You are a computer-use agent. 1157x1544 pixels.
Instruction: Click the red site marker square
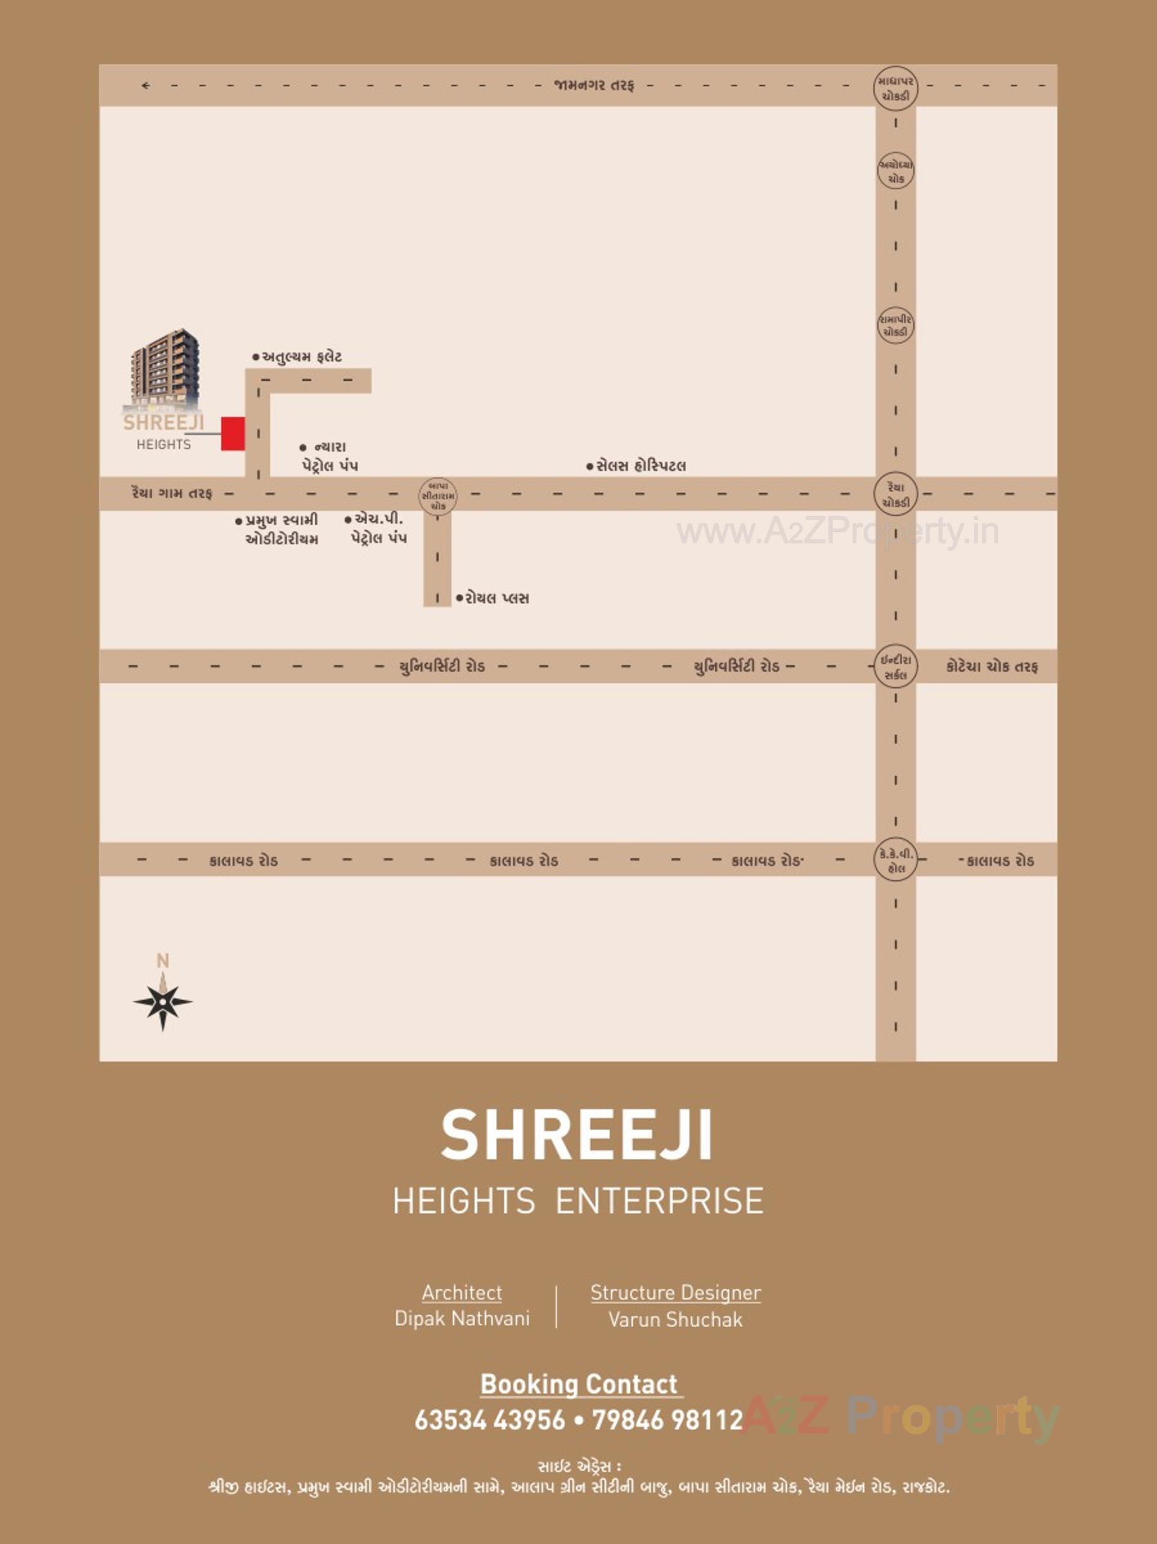pos(233,434)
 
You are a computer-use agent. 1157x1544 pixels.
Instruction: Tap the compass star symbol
pos(163,1002)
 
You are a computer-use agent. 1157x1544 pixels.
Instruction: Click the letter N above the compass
pos(163,961)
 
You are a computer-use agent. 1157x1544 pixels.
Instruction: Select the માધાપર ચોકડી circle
pos(895,89)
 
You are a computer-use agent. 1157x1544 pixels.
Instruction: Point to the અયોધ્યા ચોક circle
pos(895,172)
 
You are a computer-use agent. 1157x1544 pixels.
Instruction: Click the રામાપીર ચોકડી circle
pos(895,326)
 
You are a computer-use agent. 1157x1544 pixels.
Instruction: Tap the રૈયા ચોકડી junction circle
pos(895,494)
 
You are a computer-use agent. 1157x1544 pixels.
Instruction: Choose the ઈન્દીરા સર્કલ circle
pos(895,666)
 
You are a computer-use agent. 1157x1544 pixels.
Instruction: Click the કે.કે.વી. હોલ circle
pos(895,860)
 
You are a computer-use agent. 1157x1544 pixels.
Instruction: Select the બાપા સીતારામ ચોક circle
pos(438,494)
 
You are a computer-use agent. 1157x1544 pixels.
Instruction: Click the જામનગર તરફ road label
pos(594,85)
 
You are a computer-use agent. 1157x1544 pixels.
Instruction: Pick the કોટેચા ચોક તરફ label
pos(992,666)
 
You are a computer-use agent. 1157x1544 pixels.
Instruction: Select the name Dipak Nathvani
pos(462,1319)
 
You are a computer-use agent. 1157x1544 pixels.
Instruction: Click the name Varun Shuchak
pos(675,1319)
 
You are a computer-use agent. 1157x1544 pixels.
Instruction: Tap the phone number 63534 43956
pos(490,1419)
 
